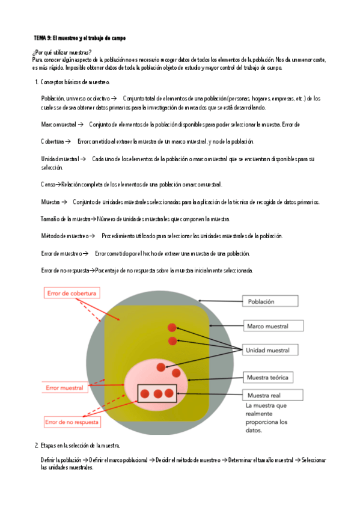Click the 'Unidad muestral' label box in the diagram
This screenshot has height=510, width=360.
(x=267, y=350)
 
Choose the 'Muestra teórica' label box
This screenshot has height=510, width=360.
(x=268, y=378)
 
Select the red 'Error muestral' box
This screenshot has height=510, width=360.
(x=65, y=388)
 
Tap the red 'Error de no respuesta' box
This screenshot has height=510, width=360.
(x=71, y=422)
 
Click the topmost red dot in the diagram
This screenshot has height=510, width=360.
(x=171, y=327)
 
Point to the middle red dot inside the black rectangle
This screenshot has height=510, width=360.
(x=158, y=394)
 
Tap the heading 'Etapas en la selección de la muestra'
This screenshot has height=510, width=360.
(x=80, y=445)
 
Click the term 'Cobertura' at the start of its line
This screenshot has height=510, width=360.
(x=52, y=141)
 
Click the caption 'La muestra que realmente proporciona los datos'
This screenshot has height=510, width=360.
(x=267, y=418)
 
